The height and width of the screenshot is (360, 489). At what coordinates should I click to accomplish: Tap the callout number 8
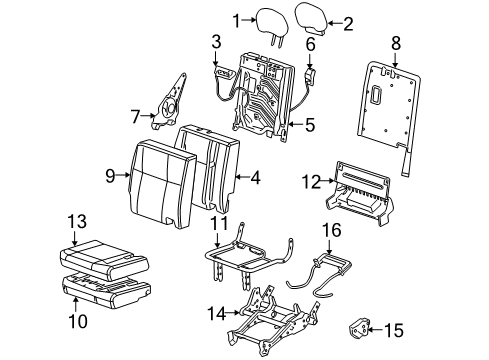(396, 43)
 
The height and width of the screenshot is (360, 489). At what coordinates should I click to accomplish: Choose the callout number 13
(77, 219)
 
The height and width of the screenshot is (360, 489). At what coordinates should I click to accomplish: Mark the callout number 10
(77, 321)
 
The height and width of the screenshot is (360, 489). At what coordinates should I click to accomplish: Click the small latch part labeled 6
(311, 73)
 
